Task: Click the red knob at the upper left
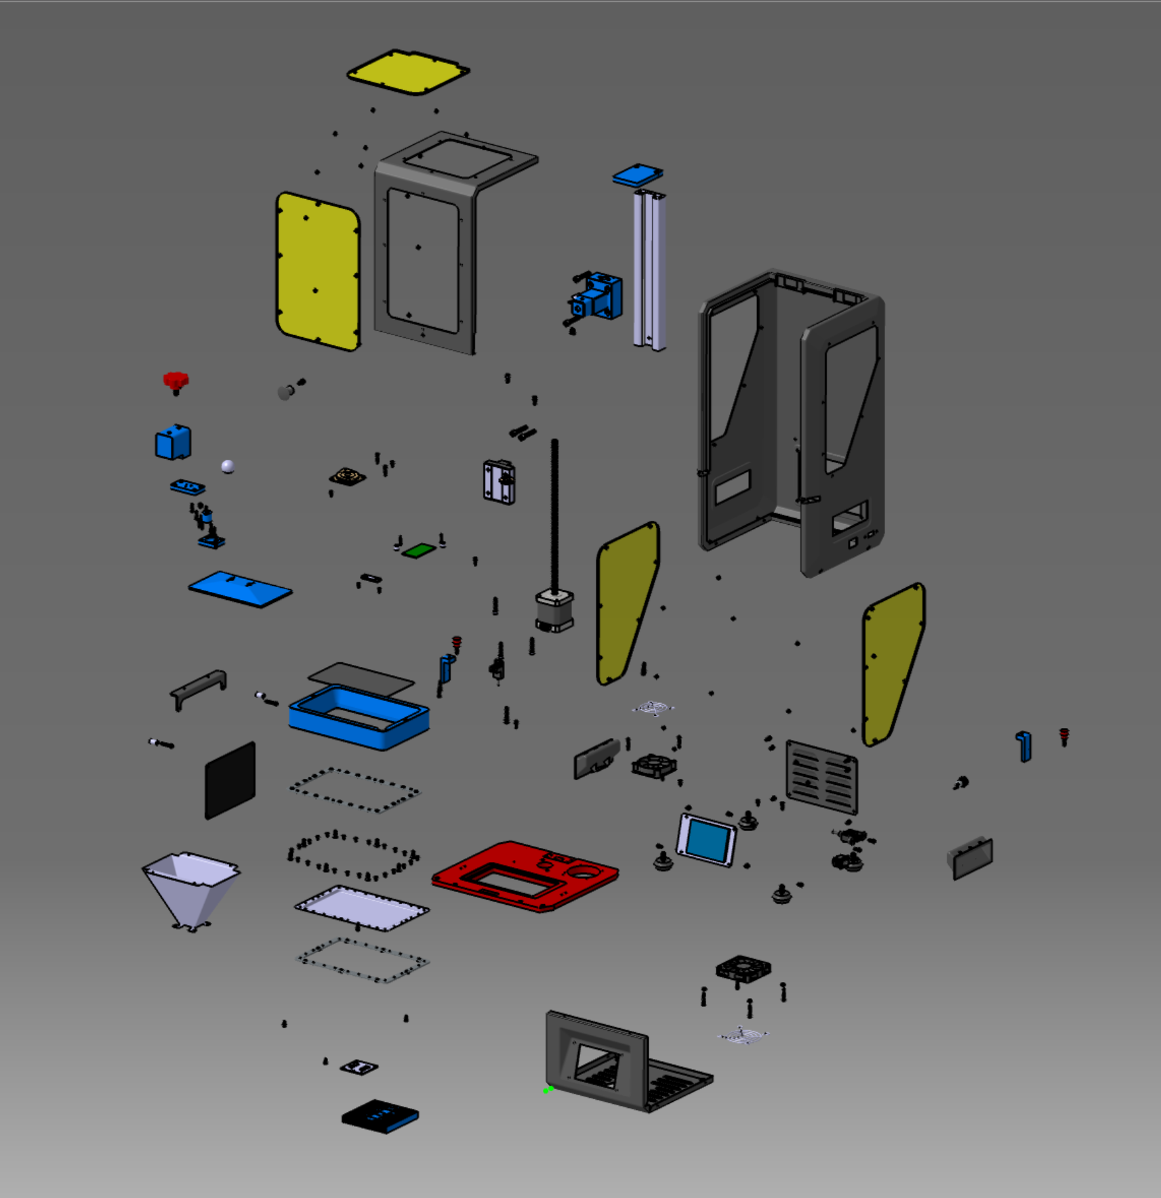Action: coord(176,381)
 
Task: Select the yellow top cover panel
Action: coord(408,72)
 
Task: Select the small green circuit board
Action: coord(418,551)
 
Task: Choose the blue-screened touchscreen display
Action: coord(706,840)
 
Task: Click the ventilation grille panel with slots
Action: coord(821,777)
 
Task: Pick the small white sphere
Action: coord(228,466)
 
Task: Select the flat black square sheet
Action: coord(230,779)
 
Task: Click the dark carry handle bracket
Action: coord(199,686)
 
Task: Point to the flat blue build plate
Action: coord(240,589)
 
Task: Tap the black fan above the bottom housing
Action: coord(743,968)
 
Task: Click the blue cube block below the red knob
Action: coord(173,442)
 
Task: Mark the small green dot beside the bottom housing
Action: coord(547,1090)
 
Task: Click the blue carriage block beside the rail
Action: coord(597,297)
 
